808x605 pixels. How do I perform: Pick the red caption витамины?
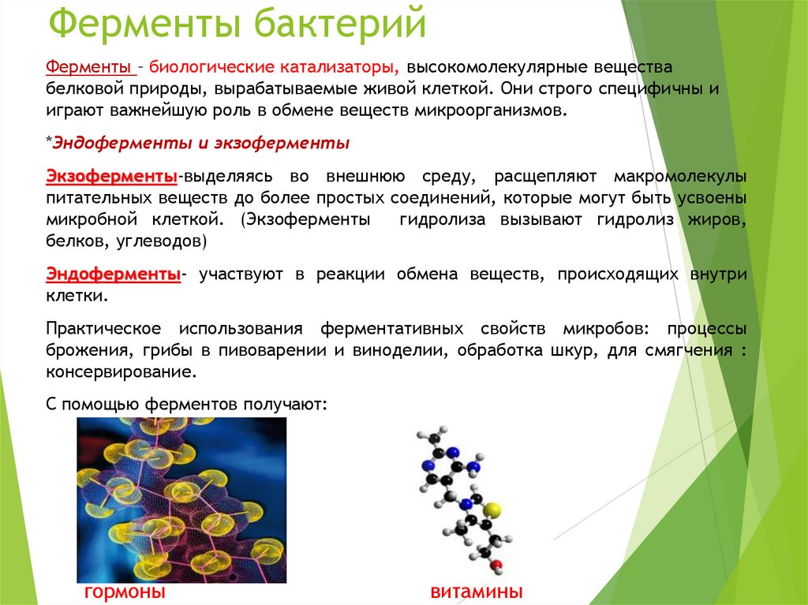(477, 592)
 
